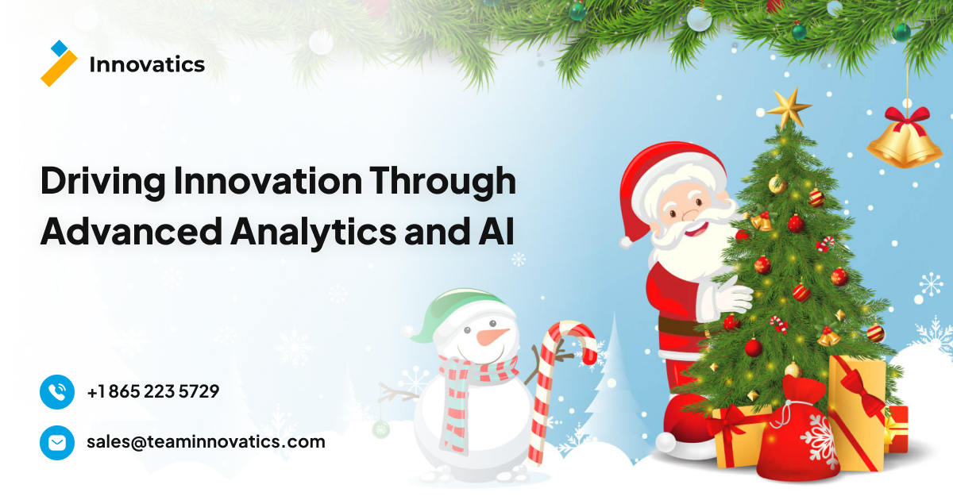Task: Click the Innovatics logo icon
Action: click(x=59, y=63)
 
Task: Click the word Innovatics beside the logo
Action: click(x=147, y=65)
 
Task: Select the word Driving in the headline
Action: click(x=102, y=183)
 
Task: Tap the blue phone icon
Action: click(x=57, y=392)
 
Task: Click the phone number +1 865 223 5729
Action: click(x=153, y=391)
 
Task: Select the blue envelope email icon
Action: click(x=57, y=442)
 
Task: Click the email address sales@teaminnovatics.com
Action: click(x=206, y=442)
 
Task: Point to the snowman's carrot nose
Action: click(x=492, y=337)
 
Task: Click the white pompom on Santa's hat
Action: click(x=627, y=238)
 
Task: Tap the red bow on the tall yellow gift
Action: click(x=862, y=389)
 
